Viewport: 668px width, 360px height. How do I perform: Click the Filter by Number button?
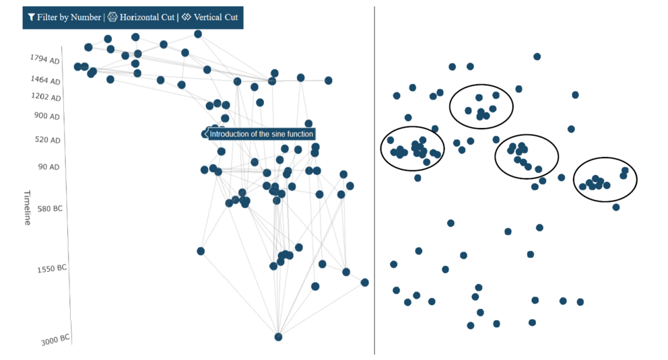tap(65, 17)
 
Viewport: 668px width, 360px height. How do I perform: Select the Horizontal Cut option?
tap(141, 17)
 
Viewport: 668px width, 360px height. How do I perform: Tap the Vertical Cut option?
tap(209, 17)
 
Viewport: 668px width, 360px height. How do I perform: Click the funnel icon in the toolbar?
tap(31, 17)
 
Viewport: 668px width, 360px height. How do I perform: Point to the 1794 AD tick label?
tap(44, 59)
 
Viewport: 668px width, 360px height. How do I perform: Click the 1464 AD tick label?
tap(45, 80)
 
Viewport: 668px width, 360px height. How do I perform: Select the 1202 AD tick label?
tap(46, 97)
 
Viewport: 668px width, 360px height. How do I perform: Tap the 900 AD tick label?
tap(47, 116)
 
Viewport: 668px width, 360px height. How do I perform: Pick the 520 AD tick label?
tap(47, 139)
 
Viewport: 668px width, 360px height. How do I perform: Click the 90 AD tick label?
tap(48, 167)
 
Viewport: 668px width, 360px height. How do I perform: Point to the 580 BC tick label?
tap(50, 209)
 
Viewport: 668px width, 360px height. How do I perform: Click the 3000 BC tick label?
tap(55, 340)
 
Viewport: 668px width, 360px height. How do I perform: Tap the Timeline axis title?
tap(27, 208)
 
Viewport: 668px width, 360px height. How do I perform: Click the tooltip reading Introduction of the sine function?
tap(259, 134)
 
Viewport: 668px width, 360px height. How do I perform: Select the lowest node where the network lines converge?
tap(278, 337)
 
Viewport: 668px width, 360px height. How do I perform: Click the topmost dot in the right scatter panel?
tap(537, 57)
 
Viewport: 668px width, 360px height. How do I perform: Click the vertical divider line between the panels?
tap(374, 180)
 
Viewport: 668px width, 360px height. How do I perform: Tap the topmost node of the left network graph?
tap(198, 34)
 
